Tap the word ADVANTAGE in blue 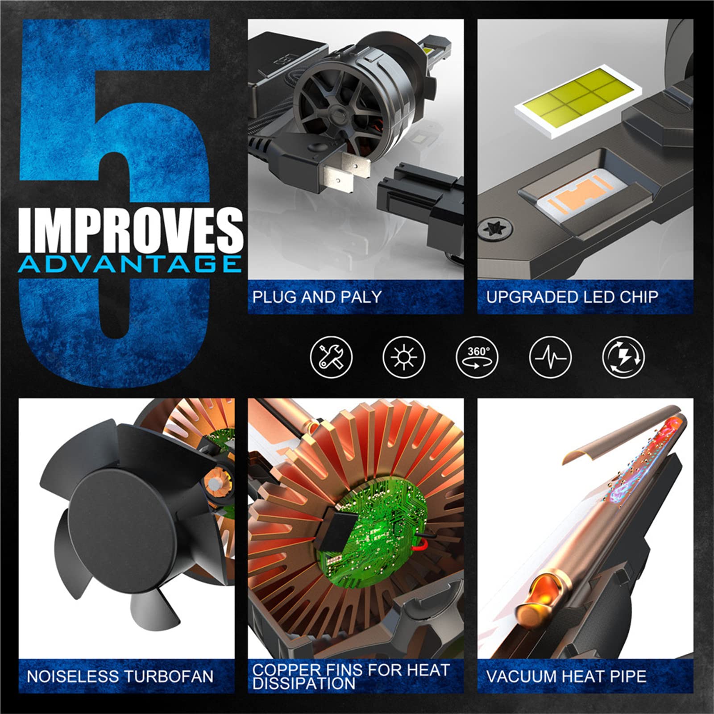point(130,264)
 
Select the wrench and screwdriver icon point(331,357)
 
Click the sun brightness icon point(404,357)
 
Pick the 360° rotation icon point(477,357)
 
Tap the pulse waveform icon point(550,357)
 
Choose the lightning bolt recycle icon point(623,357)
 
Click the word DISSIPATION point(303,683)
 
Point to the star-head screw point(495,229)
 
